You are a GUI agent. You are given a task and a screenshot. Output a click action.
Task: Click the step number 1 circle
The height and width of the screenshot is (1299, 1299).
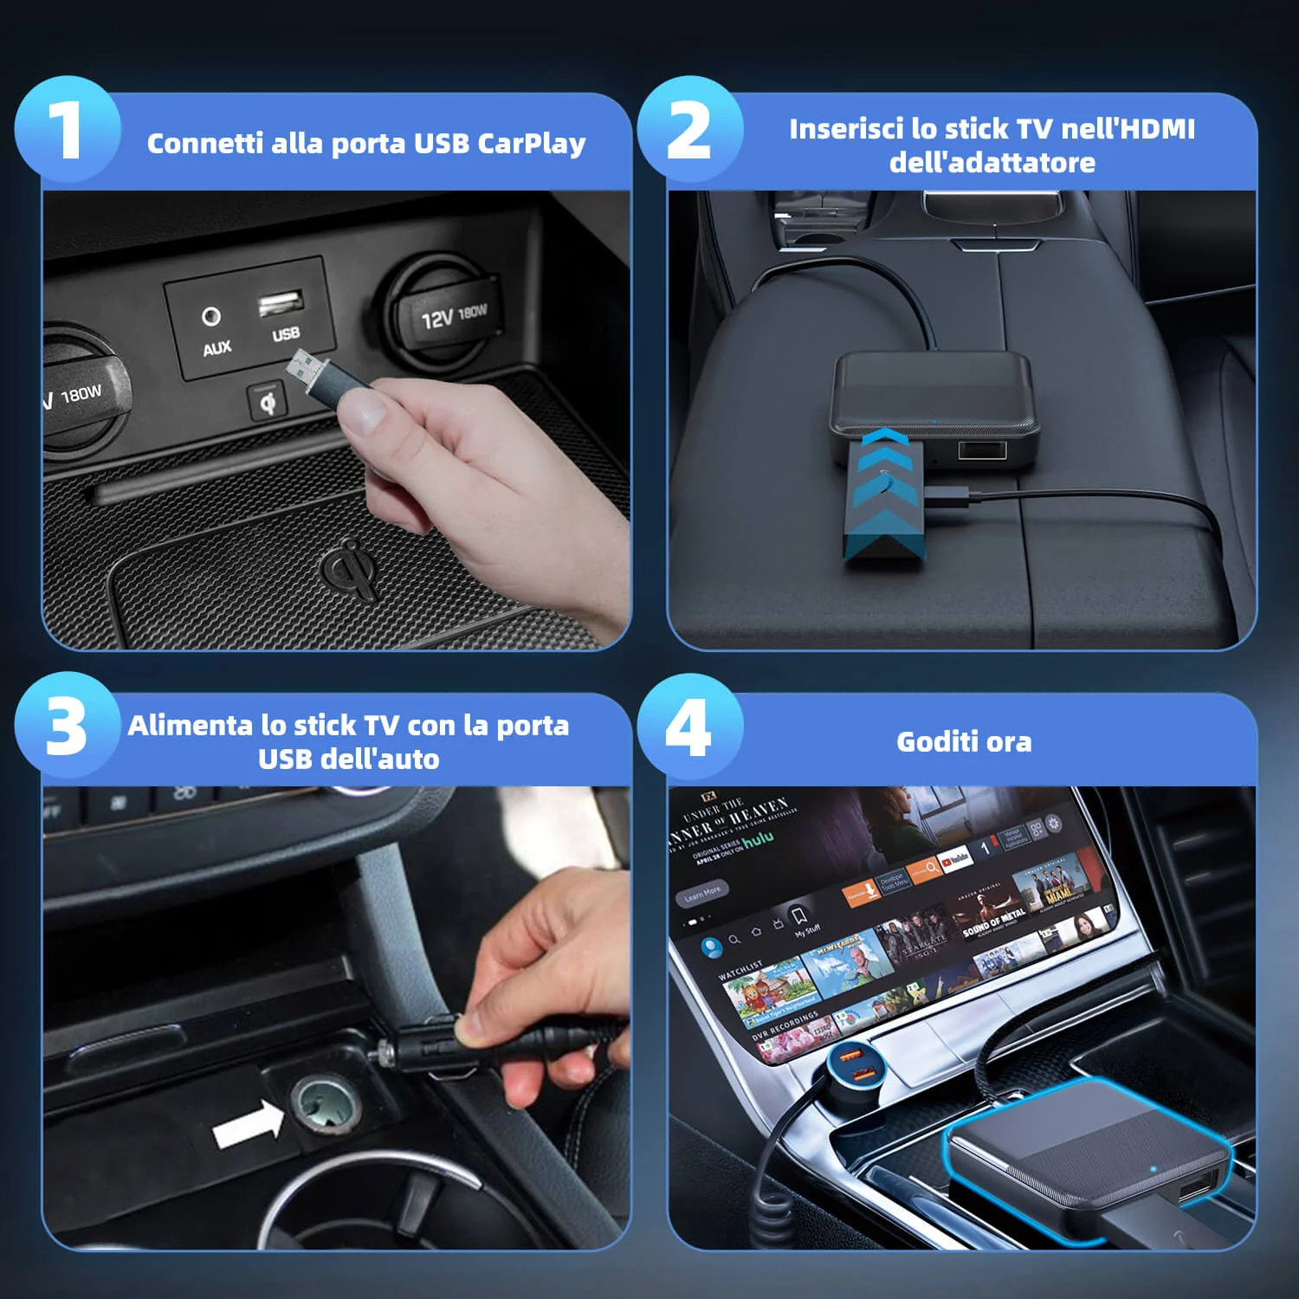point(68,129)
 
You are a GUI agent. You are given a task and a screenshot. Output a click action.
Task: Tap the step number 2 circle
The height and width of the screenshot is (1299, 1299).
point(690,129)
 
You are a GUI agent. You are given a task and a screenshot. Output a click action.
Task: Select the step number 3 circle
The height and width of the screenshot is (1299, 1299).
point(68,726)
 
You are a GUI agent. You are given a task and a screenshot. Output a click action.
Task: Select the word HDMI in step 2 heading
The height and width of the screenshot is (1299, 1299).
point(1154,129)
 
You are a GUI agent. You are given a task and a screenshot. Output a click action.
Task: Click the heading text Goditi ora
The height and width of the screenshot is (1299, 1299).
point(963,742)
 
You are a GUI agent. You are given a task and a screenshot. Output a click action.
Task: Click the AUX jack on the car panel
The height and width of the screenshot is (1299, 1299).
point(211,316)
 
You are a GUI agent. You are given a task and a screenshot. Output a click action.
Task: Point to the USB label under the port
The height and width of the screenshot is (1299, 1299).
point(286,334)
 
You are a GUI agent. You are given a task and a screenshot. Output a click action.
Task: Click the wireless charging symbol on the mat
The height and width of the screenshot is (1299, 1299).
point(351,567)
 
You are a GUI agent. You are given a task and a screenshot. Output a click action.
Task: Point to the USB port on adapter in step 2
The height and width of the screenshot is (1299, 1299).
point(981,450)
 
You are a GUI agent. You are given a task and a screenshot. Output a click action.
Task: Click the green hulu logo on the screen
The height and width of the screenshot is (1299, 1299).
point(758,838)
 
